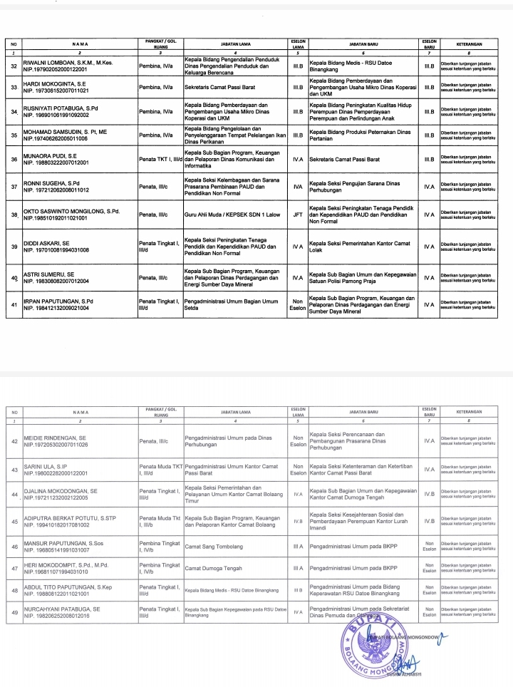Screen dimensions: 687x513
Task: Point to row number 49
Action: (x=14, y=614)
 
